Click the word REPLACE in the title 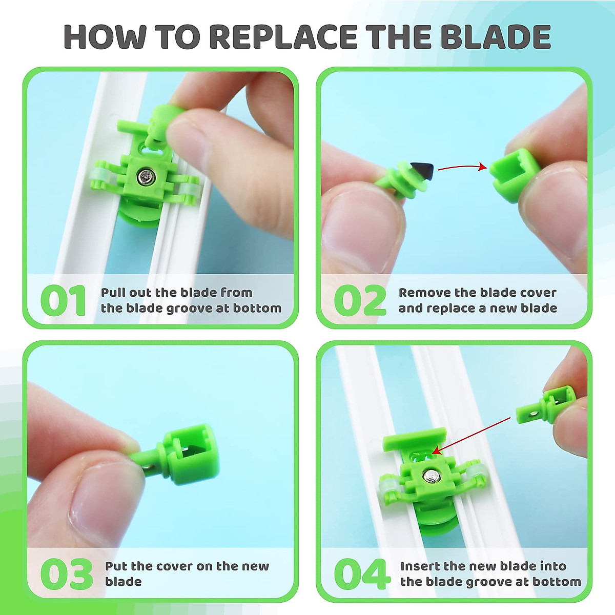pyautogui.click(x=283, y=37)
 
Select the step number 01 pyautogui.click(x=63, y=301)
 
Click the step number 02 pyautogui.click(x=360, y=301)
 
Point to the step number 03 pyautogui.click(x=66, y=574)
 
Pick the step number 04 pyautogui.click(x=362, y=574)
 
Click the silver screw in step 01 pyautogui.click(x=146, y=177)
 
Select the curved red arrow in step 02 pyautogui.click(x=461, y=167)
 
